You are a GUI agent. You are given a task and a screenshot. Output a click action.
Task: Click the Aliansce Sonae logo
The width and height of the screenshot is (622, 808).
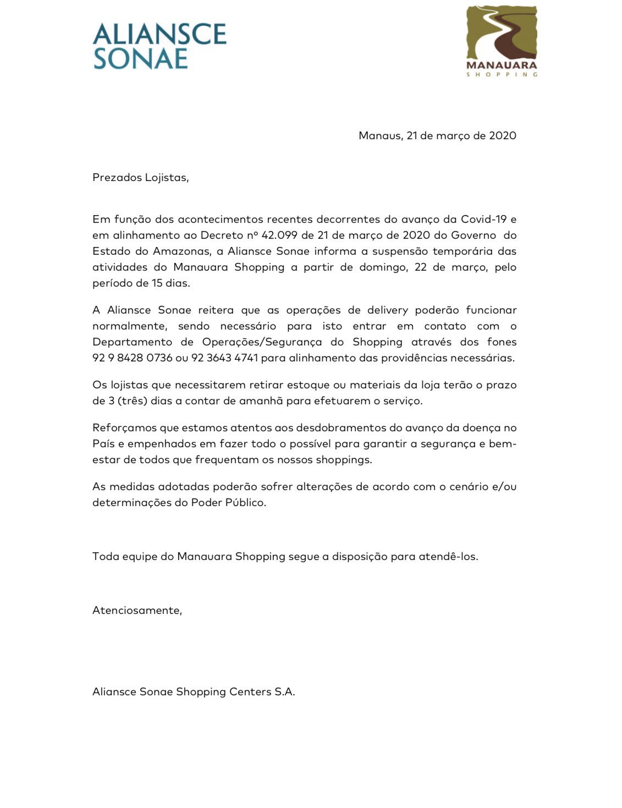click(x=159, y=46)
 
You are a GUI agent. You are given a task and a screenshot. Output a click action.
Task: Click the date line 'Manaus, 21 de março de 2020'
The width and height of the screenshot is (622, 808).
click(x=437, y=136)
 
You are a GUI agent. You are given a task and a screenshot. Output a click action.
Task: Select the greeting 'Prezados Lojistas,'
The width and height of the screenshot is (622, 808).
click(x=141, y=178)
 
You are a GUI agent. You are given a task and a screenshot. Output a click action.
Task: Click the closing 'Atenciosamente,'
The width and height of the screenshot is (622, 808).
click(x=137, y=610)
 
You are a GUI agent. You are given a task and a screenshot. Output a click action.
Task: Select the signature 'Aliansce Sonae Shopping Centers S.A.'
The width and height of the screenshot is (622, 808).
click(x=194, y=692)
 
